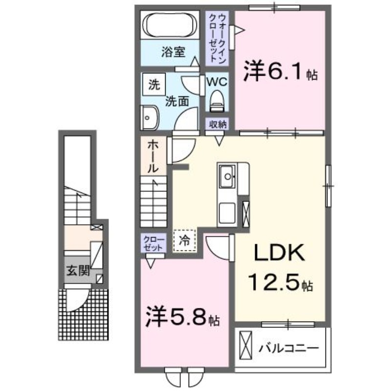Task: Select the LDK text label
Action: click(279, 253)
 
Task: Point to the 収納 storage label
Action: click(218, 124)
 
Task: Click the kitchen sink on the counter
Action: click(227, 175)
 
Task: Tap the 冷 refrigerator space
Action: click(185, 239)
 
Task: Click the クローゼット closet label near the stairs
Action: click(153, 243)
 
